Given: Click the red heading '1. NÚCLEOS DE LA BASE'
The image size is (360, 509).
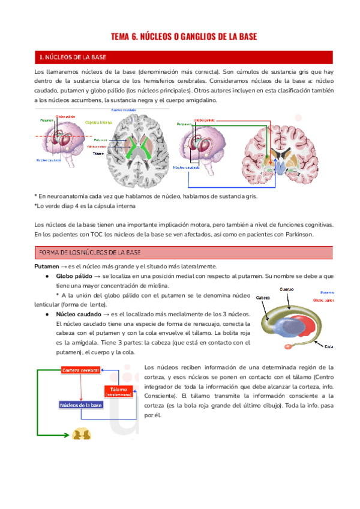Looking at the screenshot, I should click(x=73, y=57).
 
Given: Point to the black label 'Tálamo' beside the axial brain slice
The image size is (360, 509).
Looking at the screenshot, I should click(x=98, y=153).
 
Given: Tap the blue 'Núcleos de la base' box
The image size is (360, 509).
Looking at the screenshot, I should click(x=81, y=406).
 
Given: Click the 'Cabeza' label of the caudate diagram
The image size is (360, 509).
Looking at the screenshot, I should click(x=263, y=297).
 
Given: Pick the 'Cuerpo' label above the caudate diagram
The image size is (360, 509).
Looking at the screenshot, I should click(x=287, y=289).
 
